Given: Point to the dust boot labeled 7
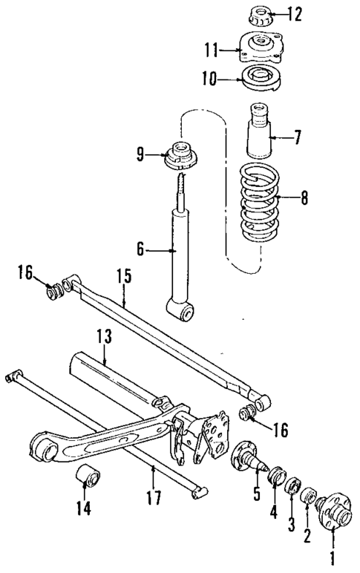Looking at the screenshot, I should coord(263,134).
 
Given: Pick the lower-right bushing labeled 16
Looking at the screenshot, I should coord(249,413).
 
